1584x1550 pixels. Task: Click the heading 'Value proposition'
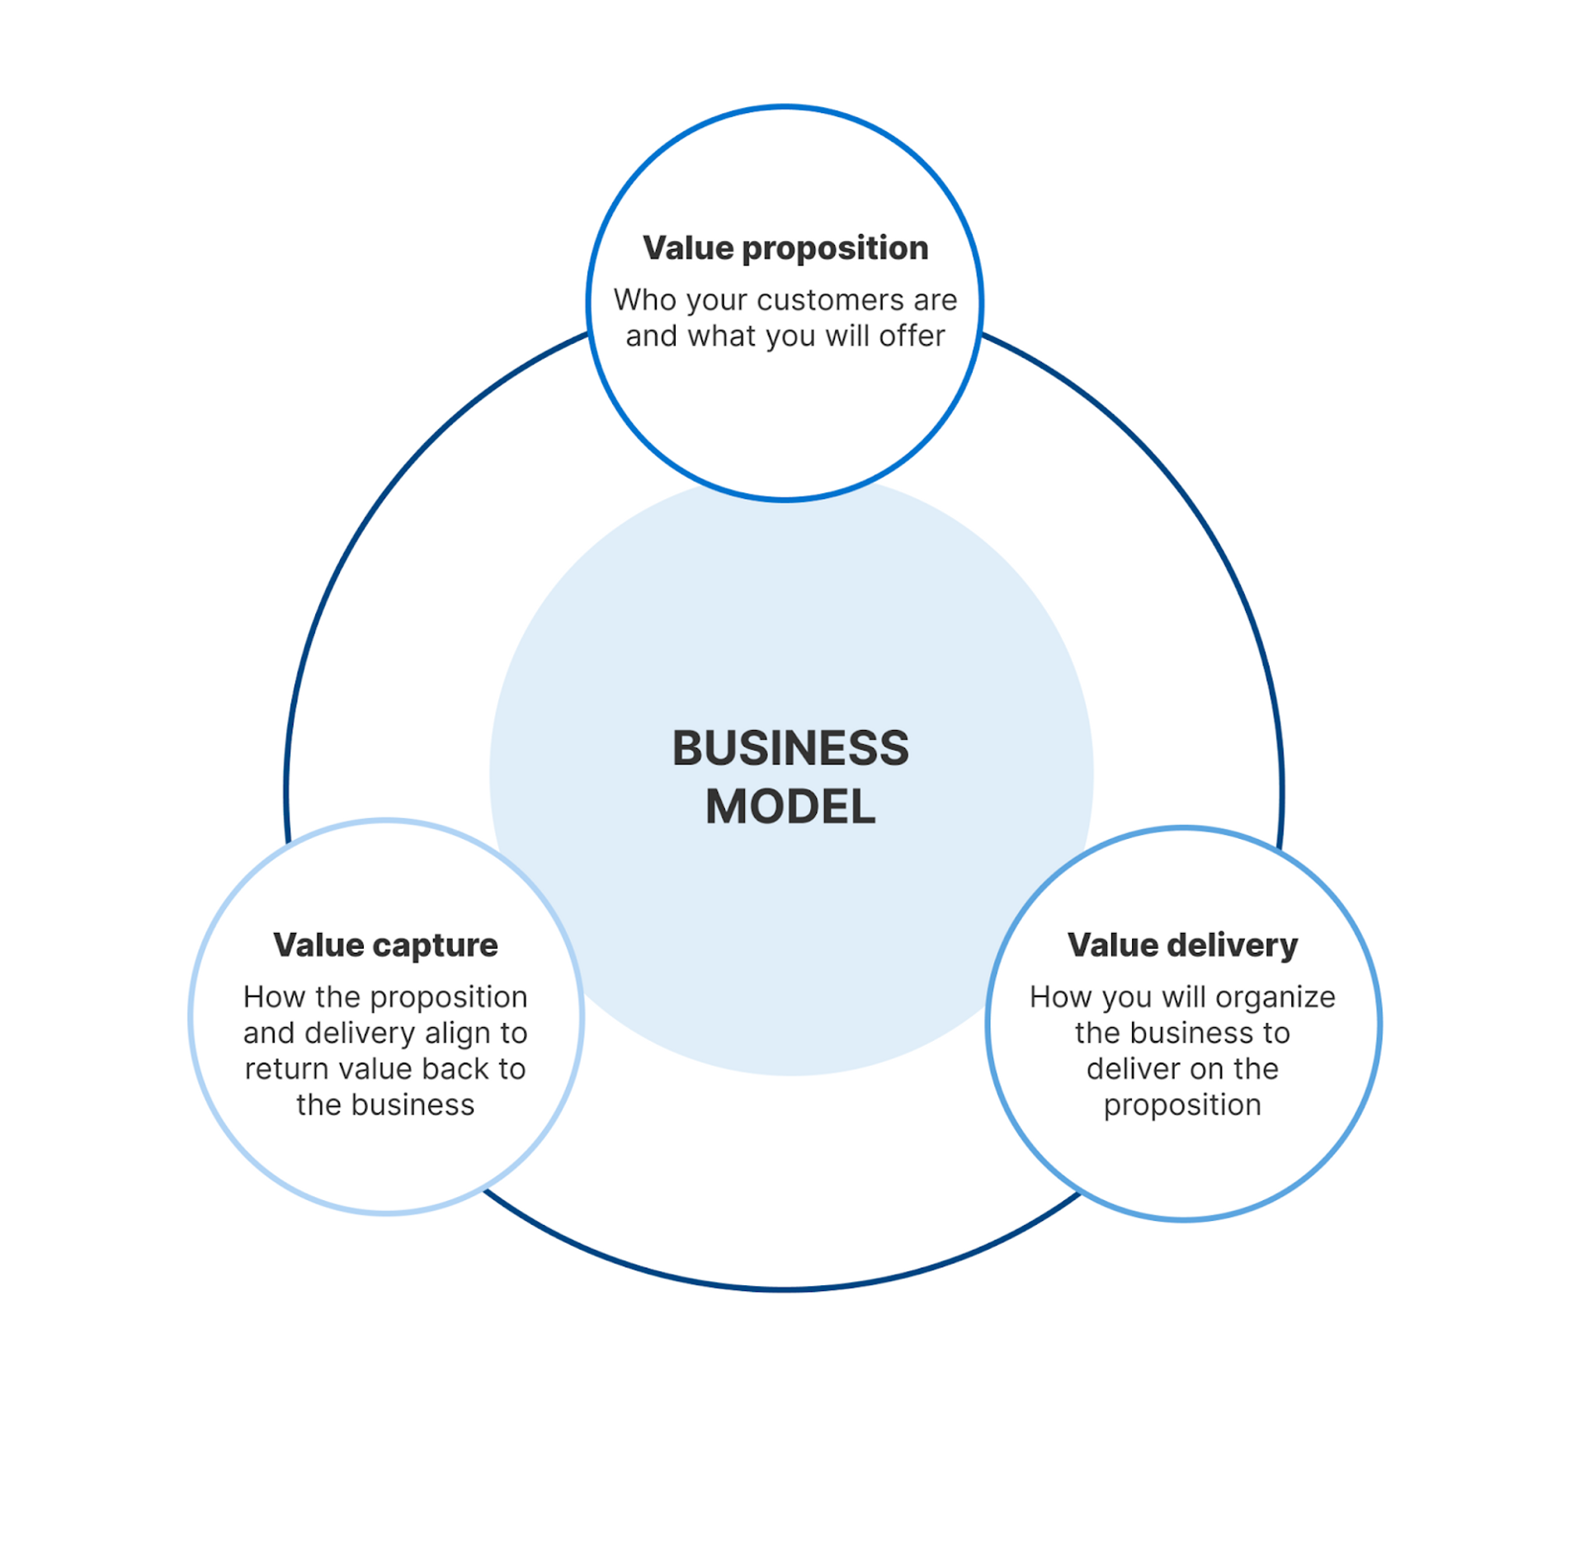(785, 248)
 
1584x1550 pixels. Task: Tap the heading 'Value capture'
(385, 945)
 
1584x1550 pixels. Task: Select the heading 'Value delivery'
(1182, 945)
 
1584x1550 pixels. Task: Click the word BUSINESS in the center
(790, 748)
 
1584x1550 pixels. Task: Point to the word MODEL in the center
(790, 807)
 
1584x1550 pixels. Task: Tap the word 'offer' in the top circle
(912, 336)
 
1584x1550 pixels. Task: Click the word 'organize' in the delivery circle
(1275, 997)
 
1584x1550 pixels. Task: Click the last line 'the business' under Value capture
(385, 1105)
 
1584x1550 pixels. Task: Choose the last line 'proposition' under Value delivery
(1182, 1105)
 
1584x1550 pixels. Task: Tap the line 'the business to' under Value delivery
(1182, 1033)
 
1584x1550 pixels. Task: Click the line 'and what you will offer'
(785, 336)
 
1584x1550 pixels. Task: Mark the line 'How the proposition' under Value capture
(385, 997)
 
